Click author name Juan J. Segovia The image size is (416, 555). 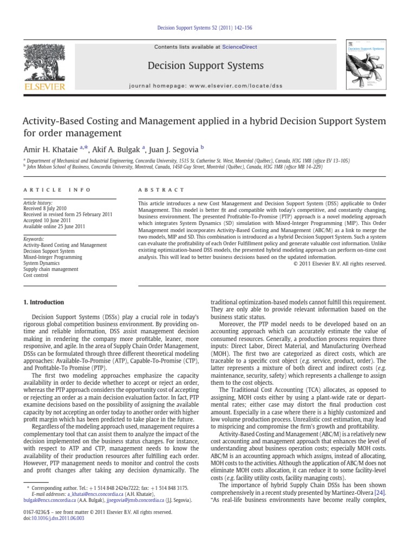click(179, 149)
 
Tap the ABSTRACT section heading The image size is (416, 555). click(162, 190)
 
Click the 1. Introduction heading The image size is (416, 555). click(44, 302)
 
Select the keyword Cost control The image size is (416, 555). click(36, 275)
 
